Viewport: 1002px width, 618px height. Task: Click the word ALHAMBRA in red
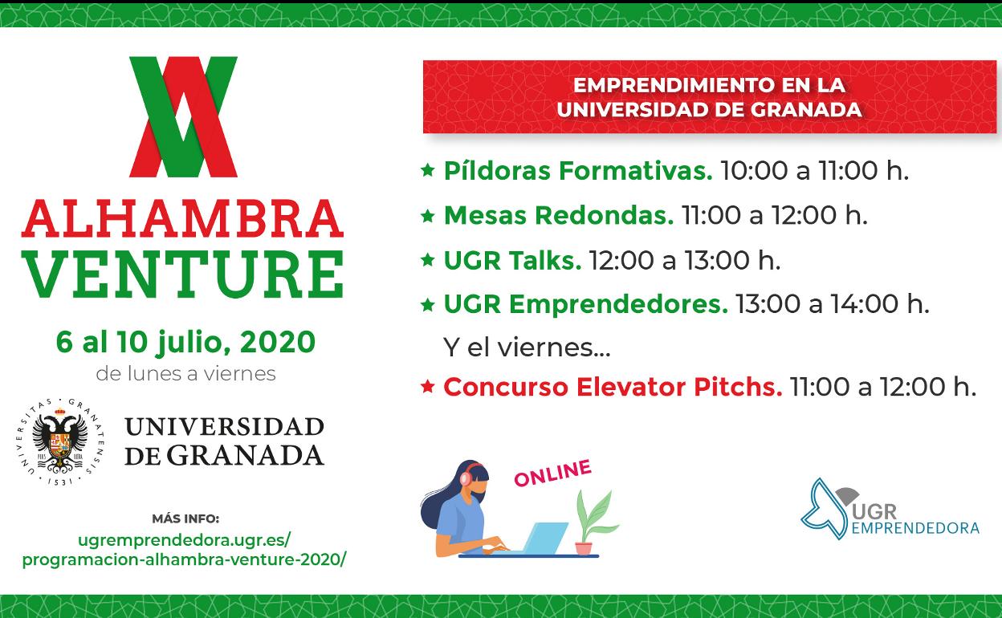coord(182,218)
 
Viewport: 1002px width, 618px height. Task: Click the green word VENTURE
coord(182,274)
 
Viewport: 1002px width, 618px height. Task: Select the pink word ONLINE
coord(553,473)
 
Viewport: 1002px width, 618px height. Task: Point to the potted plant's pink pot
coord(584,548)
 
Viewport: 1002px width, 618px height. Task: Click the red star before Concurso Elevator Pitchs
coord(428,387)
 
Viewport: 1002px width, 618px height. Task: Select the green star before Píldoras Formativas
coord(428,170)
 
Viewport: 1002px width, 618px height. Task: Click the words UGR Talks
coord(512,260)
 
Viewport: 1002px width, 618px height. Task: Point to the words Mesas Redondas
coord(559,215)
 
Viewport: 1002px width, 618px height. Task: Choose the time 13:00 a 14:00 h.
coord(833,304)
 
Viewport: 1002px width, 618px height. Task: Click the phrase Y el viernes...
coord(527,348)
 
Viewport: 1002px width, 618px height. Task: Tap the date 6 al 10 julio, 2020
coord(185,343)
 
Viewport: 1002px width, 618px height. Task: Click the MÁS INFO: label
coord(185,518)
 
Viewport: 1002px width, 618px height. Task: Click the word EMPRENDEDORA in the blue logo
coord(915,528)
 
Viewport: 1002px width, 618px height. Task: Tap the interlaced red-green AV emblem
coord(183,117)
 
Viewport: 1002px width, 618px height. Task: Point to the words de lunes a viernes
coord(185,374)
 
